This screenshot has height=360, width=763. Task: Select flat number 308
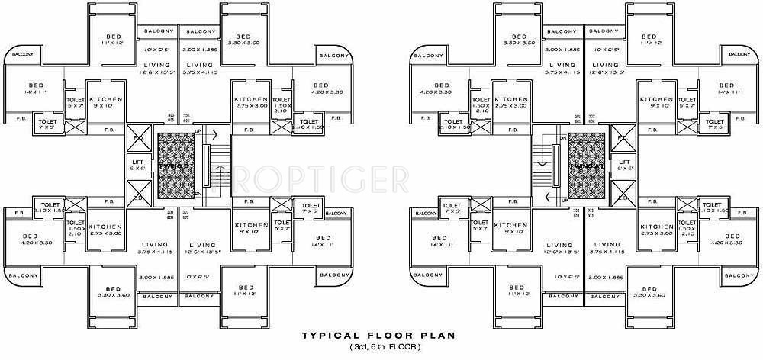(x=172, y=213)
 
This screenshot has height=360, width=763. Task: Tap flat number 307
(x=185, y=213)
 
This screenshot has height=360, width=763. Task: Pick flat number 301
(x=578, y=117)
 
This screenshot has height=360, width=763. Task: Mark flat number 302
(x=591, y=117)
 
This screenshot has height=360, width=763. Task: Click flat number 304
(x=578, y=212)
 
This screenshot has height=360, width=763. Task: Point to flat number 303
(x=591, y=212)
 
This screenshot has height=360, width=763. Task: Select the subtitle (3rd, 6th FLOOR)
(x=381, y=348)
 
